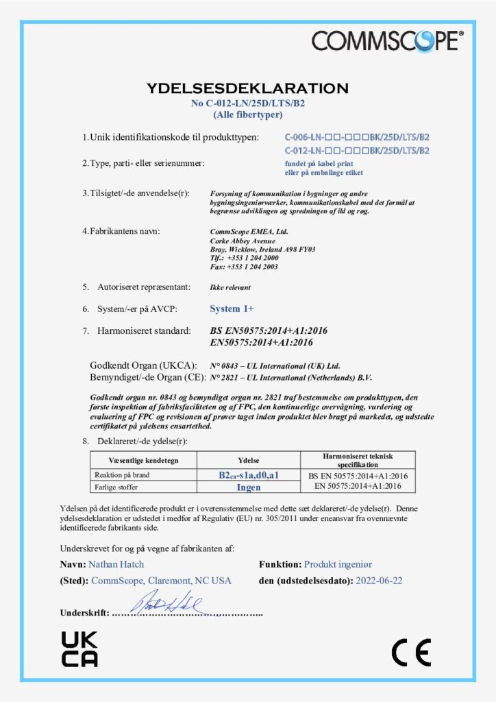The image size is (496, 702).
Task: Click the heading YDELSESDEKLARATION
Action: coord(247,88)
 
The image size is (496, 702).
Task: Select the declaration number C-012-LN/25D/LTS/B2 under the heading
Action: coord(247,104)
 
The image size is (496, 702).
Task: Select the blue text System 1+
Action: coord(232,308)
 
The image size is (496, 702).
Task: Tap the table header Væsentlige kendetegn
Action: coord(144,460)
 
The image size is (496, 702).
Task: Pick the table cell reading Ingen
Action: coord(249,487)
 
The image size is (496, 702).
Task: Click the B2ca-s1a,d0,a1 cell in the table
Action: coord(249,475)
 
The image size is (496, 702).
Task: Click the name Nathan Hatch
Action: coord(116,564)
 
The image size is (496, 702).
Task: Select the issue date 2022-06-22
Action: coord(379,581)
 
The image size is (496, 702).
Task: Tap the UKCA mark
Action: coord(80,649)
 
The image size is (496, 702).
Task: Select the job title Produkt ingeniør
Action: coord(338,564)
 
